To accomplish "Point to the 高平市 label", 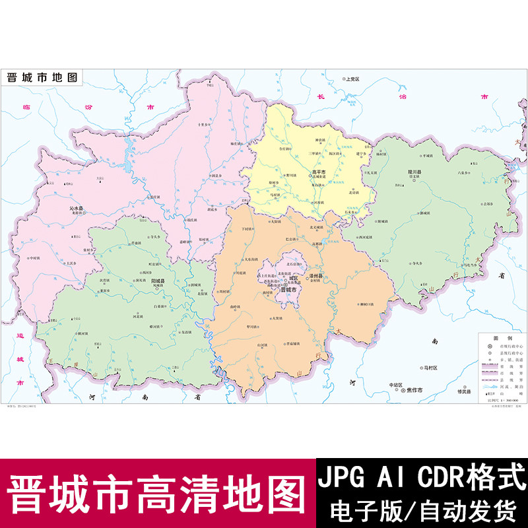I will click(318, 173).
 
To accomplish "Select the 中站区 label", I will click(395, 384).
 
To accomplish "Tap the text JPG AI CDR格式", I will click(423, 477).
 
